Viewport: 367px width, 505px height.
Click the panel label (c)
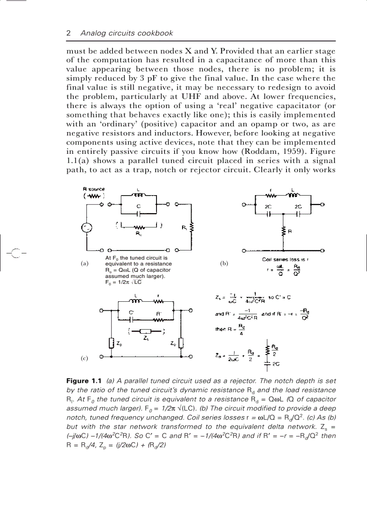click(x=84, y=358)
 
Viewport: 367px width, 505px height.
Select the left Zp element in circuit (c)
click(x=111, y=344)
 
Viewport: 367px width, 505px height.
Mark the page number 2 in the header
click(x=68, y=33)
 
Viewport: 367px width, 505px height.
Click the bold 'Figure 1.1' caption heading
click(x=85, y=382)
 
